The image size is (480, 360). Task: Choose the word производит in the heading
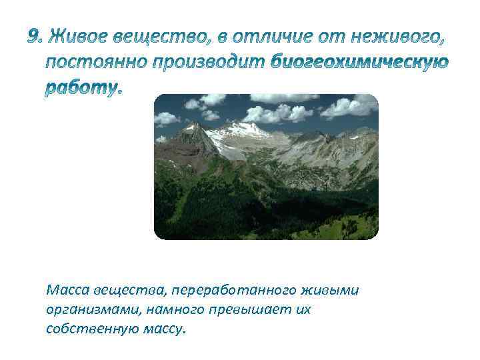tap(211, 63)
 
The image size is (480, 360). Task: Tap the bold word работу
tap(83, 89)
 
